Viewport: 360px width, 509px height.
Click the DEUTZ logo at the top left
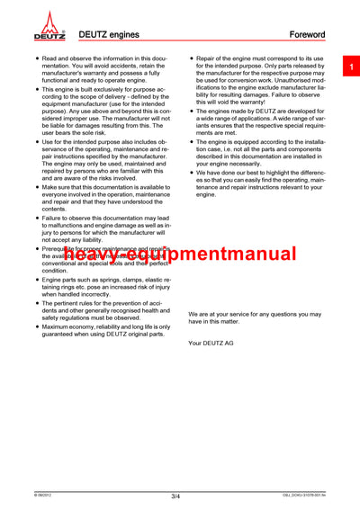coord(49,27)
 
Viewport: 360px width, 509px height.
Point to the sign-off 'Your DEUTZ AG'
coord(211,344)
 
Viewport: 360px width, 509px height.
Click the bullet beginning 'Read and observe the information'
coord(36,58)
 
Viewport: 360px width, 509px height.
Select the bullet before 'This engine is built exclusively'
coord(36,91)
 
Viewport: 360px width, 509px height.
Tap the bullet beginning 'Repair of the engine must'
coord(191,58)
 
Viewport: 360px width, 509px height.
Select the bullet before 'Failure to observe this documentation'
coord(36,219)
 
